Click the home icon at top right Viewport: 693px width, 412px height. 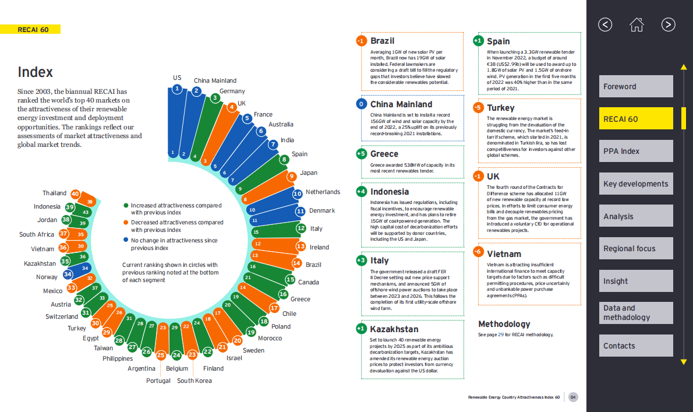click(x=637, y=24)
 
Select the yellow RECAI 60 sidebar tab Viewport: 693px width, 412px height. click(x=635, y=119)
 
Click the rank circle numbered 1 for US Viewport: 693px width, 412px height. click(x=177, y=89)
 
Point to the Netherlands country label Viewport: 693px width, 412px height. click(x=323, y=192)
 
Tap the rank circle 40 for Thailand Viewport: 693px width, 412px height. click(x=75, y=193)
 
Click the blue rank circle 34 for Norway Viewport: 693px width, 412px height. click(x=68, y=274)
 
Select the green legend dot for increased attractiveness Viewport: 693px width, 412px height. click(x=126, y=206)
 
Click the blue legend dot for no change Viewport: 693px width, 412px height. click(x=126, y=240)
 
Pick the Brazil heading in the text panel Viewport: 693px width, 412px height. click(x=382, y=41)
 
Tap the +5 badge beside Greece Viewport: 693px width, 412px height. click(x=361, y=154)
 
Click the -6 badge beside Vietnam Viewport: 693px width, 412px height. click(x=478, y=252)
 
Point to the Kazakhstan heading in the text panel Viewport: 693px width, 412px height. click(x=394, y=329)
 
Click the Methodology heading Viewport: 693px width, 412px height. click(x=504, y=324)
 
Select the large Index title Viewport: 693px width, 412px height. click(x=35, y=72)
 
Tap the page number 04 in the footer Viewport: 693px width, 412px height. click(x=573, y=397)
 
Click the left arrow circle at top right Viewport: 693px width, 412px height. click(x=605, y=24)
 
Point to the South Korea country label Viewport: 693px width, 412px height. click(x=195, y=381)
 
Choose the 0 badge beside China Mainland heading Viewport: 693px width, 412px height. click(x=361, y=104)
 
